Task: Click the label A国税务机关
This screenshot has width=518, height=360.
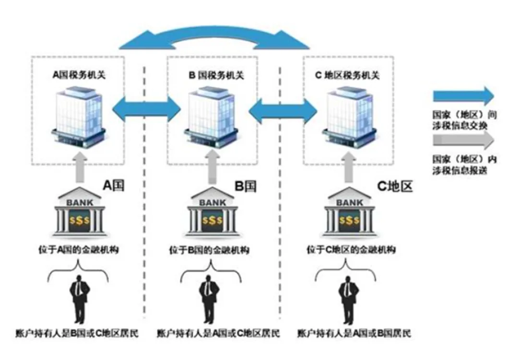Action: coord(79,75)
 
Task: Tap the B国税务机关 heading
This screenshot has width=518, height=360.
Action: coord(216,75)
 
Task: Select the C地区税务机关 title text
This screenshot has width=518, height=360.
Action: coord(347,75)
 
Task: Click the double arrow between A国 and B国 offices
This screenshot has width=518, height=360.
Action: coord(146,109)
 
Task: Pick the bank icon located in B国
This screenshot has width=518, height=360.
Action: coord(212,211)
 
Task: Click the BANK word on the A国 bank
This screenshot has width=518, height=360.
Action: coord(79,202)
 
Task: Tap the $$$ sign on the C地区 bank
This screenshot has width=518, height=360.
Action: coord(349,220)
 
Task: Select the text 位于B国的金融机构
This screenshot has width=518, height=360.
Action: coord(209,250)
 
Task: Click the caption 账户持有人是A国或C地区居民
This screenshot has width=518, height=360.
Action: coord(218,333)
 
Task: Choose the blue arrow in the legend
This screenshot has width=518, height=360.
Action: coord(463,96)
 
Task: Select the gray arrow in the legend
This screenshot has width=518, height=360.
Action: coord(463,140)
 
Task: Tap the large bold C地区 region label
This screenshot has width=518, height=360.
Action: coord(395,186)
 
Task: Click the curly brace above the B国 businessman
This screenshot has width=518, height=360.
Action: coord(211,272)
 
